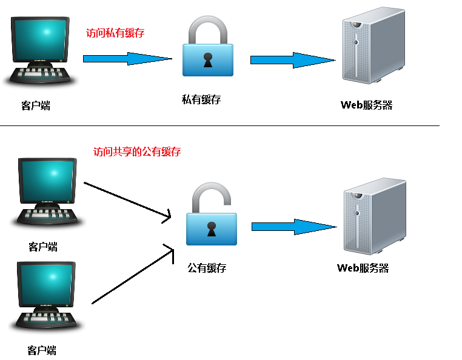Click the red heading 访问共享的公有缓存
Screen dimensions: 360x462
tap(137, 152)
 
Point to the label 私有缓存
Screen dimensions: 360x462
tap(201, 99)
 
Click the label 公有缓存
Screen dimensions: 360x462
tap(206, 267)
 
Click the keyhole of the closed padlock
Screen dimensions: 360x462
tap(208, 61)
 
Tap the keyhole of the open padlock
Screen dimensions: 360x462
tap(211, 230)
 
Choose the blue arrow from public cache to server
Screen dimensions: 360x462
tap(293, 227)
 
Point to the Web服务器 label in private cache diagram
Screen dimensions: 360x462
tap(366, 105)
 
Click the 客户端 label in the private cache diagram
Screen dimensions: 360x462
tap(36, 105)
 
